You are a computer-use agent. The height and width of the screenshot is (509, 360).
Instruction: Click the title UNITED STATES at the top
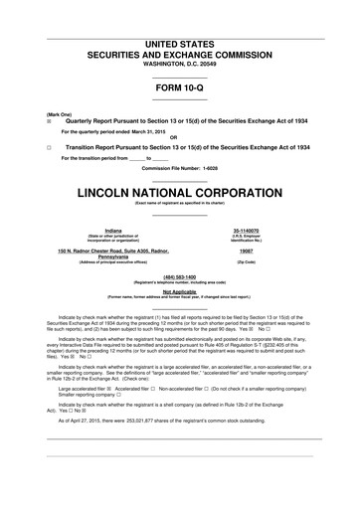180,47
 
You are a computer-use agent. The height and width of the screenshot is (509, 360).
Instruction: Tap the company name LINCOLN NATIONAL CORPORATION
180,189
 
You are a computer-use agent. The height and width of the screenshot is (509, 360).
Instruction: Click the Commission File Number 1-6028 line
179,168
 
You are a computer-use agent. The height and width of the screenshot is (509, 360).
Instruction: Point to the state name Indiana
91,229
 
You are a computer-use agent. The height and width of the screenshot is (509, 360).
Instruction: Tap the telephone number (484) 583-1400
179,277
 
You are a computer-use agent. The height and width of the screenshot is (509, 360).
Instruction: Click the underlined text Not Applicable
179,291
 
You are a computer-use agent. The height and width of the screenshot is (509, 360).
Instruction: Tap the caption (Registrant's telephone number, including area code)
179,283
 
